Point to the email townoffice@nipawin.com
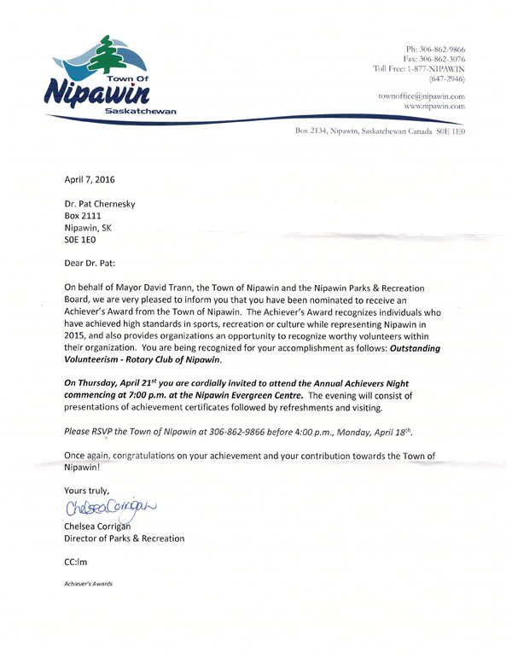422,96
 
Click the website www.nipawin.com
430,107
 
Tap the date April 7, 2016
90,179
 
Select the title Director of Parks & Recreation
124,538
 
